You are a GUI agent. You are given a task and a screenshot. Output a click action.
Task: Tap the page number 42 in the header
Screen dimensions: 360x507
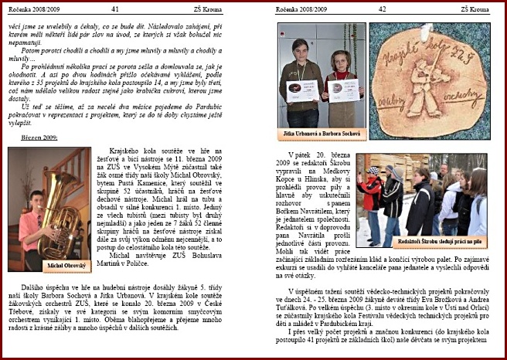[x=382, y=8]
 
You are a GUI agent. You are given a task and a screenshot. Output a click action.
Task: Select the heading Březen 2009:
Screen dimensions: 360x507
[x=39, y=138]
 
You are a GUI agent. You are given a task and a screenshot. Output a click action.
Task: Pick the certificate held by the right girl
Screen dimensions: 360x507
[x=343, y=88]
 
